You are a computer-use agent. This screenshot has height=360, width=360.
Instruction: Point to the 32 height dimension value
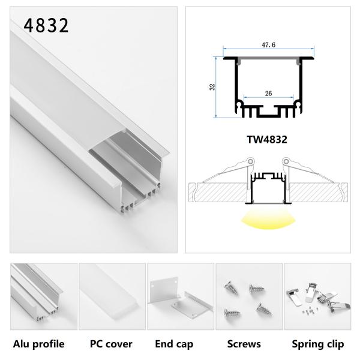[212, 86]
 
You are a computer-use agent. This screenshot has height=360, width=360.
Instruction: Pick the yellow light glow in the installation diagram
[267, 223]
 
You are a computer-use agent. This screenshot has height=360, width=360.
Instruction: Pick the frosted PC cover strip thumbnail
[111, 296]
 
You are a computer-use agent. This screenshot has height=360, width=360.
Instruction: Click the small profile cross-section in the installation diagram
[267, 189]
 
